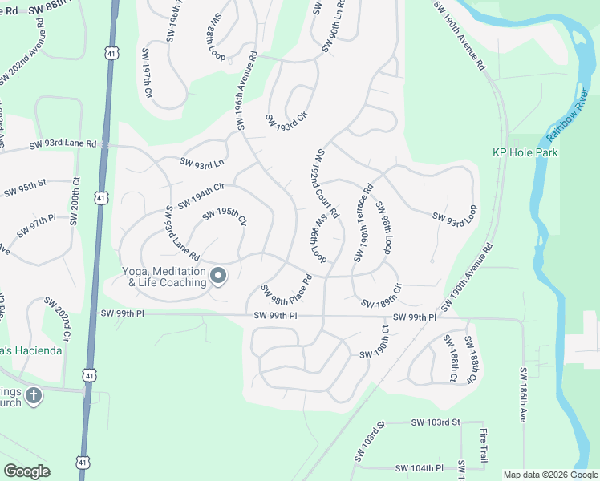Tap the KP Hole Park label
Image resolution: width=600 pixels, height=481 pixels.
coord(525,152)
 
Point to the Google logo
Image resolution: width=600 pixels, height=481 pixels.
coord(26,471)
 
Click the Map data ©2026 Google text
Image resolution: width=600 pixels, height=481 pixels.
coord(549,475)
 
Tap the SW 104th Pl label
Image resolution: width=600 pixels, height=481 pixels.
coord(419,468)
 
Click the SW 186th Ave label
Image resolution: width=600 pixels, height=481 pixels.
coord(522,394)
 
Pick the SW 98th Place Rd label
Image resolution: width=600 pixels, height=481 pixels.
coord(286,291)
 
